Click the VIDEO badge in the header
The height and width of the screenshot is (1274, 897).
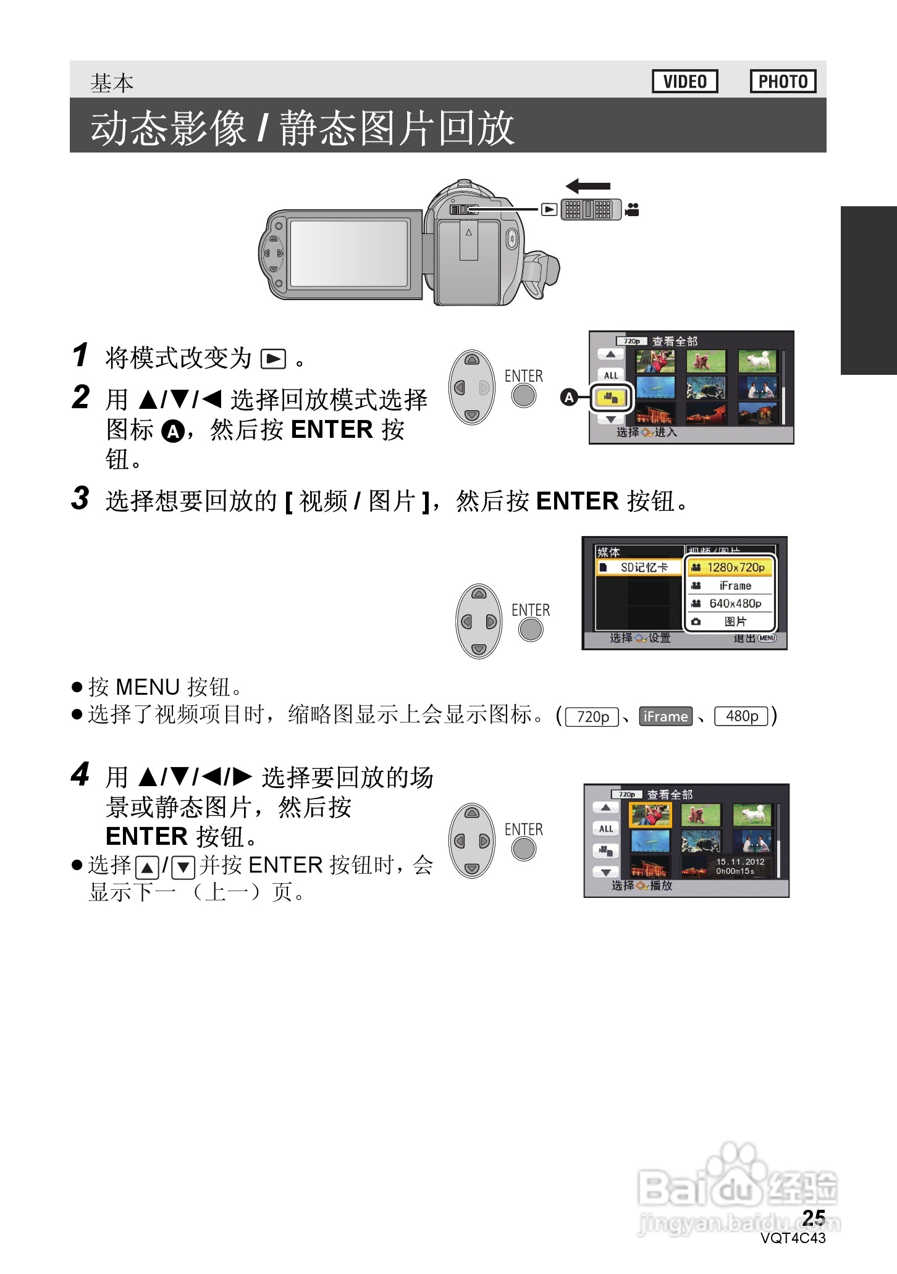(684, 82)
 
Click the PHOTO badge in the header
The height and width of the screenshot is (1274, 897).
(783, 82)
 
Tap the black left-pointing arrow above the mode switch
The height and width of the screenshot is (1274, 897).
(587, 186)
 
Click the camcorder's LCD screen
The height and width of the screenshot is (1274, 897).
(349, 254)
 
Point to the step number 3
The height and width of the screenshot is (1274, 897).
(80, 498)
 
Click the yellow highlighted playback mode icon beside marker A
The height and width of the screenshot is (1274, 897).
(611, 398)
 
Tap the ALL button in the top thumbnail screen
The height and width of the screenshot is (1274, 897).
(611, 375)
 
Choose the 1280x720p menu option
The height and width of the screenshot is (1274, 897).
(730, 567)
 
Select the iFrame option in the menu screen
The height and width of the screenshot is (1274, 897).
(730, 585)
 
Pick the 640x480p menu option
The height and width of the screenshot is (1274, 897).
(730, 603)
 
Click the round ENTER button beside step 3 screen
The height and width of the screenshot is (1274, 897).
(530, 630)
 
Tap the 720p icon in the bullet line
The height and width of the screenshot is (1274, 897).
(592, 716)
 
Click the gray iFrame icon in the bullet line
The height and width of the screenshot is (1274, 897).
(665, 716)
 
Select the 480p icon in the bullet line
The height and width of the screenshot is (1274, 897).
(741, 716)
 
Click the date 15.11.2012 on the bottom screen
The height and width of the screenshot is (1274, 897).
(740, 861)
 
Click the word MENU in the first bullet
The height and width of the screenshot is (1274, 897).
(148, 687)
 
